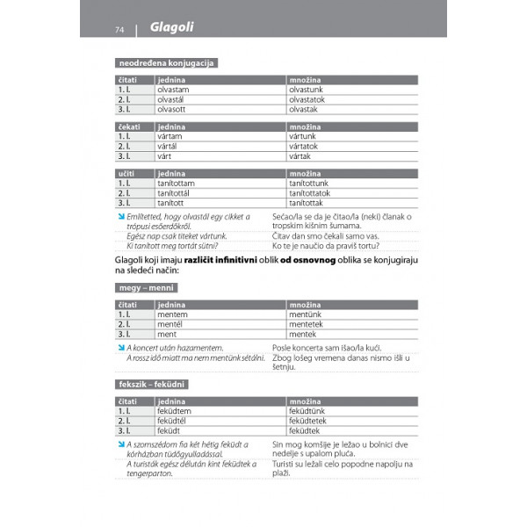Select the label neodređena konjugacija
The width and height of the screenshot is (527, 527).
(x=166, y=63)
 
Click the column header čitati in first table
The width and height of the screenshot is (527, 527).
(x=128, y=79)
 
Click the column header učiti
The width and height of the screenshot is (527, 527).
(x=126, y=174)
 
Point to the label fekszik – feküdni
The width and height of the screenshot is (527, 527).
(x=152, y=385)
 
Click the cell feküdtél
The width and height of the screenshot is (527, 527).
(x=175, y=421)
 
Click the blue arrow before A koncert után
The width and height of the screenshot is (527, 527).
(x=120, y=348)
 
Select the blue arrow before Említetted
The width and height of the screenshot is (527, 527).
(x=120, y=217)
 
